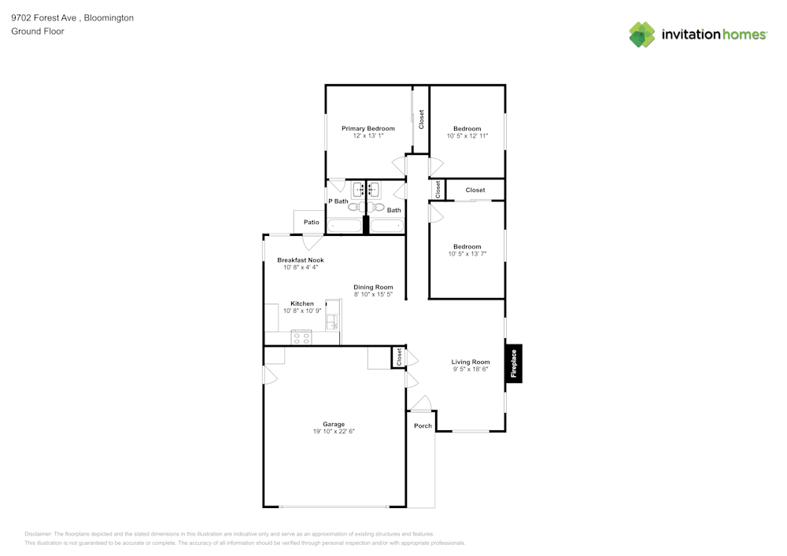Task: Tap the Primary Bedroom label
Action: pos(368,128)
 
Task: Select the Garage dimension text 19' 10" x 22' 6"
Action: pos(334,431)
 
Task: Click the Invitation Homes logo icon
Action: pos(642,35)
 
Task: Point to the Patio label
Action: pos(312,223)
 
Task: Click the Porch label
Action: pos(423,425)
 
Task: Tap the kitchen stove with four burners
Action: pos(301,337)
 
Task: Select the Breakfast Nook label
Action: pos(300,260)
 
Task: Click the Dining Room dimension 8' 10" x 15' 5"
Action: pos(373,294)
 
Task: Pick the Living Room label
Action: pos(471,362)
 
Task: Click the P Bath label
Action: pos(338,201)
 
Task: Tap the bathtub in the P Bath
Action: pos(344,226)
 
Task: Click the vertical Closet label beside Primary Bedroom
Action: pos(421,120)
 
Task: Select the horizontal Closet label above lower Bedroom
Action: pos(475,190)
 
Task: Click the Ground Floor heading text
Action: pos(38,31)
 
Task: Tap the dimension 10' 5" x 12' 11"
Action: pos(467,135)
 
